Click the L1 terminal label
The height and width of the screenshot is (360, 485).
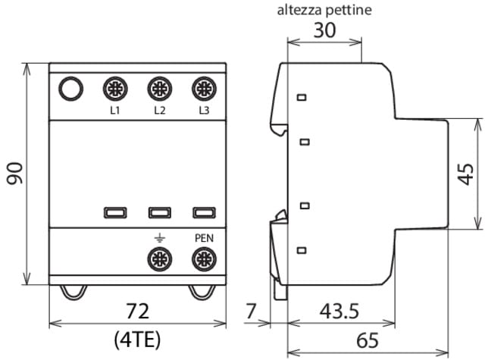pyautogui.click(x=115, y=110)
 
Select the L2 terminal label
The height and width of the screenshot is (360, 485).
pyautogui.click(x=160, y=110)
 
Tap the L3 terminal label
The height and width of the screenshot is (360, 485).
pyautogui.click(x=204, y=110)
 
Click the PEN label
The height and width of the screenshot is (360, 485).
pyautogui.click(x=204, y=238)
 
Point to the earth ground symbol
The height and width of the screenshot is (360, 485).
pyautogui.click(x=160, y=238)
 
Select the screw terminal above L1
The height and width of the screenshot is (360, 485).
pyautogui.click(x=115, y=89)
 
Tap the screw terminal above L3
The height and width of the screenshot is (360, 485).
pyautogui.click(x=204, y=89)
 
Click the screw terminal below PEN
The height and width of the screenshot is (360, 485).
pyautogui.click(x=204, y=259)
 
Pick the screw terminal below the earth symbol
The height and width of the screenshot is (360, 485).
pyautogui.click(x=160, y=259)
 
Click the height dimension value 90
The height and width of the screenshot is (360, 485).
pyautogui.click(x=14, y=174)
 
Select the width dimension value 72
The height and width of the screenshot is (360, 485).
pyautogui.click(x=137, y=311)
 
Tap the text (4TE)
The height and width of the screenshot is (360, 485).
pyautogui.click(x=137, y=340)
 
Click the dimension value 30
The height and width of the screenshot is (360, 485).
pyautogui.click(x=324, y=30)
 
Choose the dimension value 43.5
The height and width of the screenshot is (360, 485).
pyautogui.click(x=339, y=311)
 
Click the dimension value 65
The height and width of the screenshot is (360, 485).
pyautogui.click(x=368, y=340)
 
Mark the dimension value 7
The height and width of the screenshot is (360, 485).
pyautogui.click(x=251, y=311)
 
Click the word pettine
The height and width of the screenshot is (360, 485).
pyautogui.click(x=349, y=11)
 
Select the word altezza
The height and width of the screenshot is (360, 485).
pyautogui.click(x=300, y=10)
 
